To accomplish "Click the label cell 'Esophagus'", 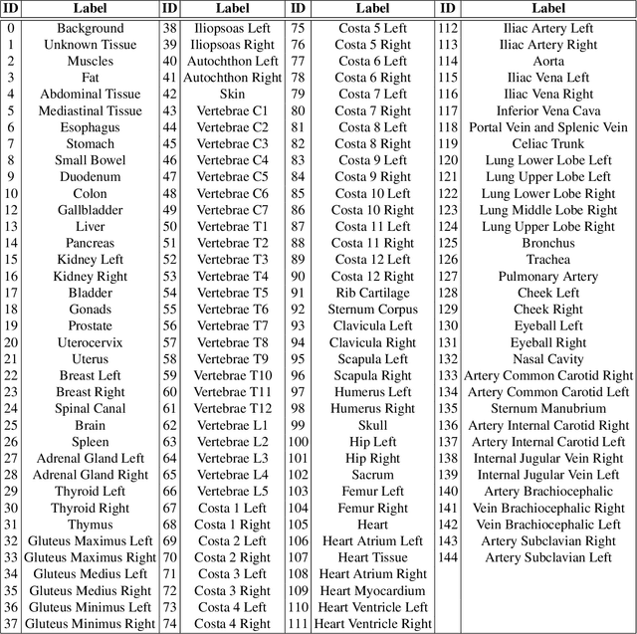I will (x=90, y=127).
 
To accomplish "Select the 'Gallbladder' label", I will (x=90, y=210).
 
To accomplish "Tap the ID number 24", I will (x=10, y=408).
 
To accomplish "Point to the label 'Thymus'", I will (x=90, y=525).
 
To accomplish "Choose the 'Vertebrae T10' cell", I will (x=232, y=375).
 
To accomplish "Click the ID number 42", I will (x=169, y=95).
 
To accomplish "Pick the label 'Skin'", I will (x=232, y=95).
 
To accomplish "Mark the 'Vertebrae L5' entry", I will (x=232, y=491).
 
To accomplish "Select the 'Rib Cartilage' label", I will (x=372, y=293).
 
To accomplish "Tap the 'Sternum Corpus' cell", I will (x=372, y=310).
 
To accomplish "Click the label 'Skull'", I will (x=372, y=425).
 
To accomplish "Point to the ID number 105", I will (x=298, y=525).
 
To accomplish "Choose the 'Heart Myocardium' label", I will (x=372, y=590).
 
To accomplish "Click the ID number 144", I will (x=448, y=557).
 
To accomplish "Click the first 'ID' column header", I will (x=10, y=9).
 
